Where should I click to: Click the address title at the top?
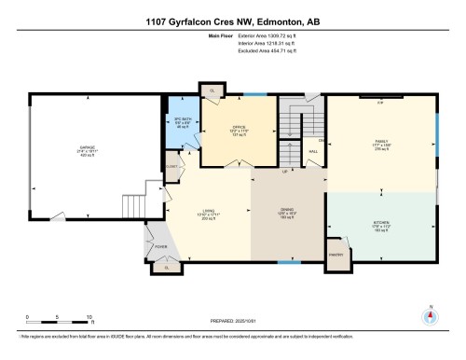pos(232,21)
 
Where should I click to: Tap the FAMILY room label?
pos(380,145)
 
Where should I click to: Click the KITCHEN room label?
pos(380,223)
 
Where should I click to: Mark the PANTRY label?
pos(336,253)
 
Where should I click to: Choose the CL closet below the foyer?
pos(167,268)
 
